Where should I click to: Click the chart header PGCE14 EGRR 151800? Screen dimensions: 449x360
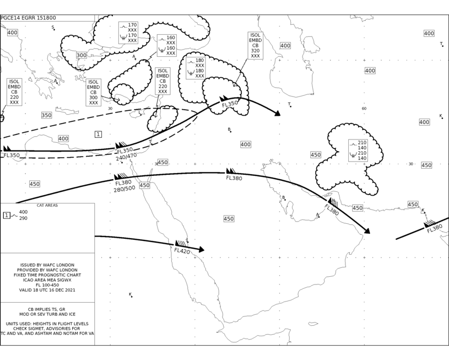[28, 18]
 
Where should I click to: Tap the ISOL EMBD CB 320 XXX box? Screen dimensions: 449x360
[255, 46]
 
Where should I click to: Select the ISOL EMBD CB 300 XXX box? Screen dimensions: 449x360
[93, 92]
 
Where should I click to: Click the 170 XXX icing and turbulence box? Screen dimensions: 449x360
[128, 33]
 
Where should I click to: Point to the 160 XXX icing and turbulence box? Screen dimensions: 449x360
[167, 45]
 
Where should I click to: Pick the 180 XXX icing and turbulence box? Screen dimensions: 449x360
[196, 68]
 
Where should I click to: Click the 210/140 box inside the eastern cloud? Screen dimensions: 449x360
[358, 150]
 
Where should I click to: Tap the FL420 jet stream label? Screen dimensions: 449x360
[182, 251]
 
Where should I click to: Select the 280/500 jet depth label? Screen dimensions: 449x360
[125, 189]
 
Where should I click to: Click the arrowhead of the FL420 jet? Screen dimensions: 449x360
[201, 249]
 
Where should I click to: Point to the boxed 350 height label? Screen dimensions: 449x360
[46, 115]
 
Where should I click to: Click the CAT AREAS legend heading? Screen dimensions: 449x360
[47, 205]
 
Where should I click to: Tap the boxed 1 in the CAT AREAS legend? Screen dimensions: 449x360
[7, 215]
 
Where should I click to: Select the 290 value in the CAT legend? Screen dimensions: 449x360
[23, 218]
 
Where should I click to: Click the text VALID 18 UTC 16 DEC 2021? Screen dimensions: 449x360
[47, 290]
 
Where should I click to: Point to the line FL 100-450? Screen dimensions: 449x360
[47, 285]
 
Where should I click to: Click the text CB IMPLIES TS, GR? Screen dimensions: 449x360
[46, 309]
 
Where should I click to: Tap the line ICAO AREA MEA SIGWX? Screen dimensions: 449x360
[47, 280]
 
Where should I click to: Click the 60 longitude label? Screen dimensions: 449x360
[364, 109]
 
